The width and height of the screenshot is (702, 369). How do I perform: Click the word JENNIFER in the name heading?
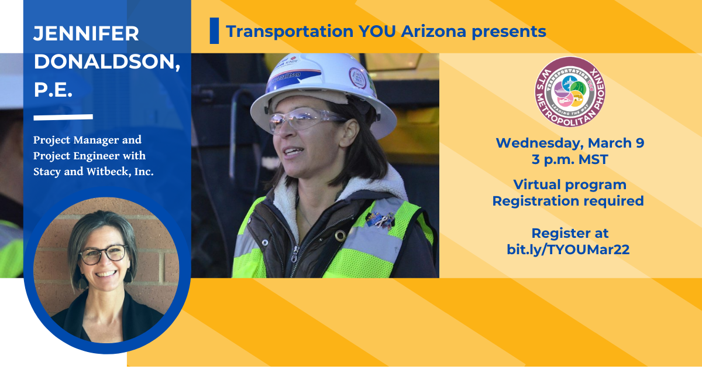(86, 33)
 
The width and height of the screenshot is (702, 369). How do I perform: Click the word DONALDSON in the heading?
(106, 62)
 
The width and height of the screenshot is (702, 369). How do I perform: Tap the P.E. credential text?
(53, 91)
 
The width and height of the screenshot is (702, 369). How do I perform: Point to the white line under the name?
(63, 117)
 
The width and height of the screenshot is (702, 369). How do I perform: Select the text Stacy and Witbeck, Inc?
(94, 172)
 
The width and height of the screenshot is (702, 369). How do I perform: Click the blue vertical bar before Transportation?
(214, 31)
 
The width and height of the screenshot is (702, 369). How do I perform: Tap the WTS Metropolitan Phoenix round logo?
(570, 92)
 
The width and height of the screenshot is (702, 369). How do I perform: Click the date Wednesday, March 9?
(570, 143)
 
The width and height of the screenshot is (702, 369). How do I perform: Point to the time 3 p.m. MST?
(570, 159)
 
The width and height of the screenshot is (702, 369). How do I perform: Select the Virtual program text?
(570, 185)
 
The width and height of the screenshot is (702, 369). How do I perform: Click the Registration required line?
(567, 201)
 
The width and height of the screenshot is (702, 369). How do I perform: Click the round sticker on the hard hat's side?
(357, 77)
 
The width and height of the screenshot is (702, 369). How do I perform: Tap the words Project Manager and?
(87, 141)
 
